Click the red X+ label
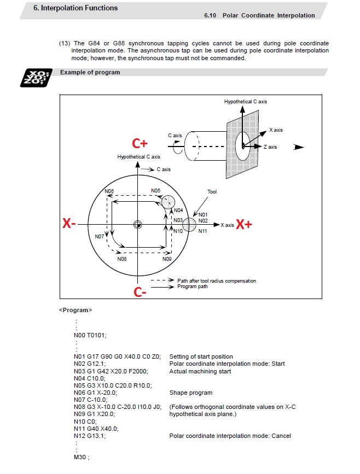[243, 225]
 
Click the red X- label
[69, 224]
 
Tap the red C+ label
[140, 144]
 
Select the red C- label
[140, 292]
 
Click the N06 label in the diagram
[109, 191]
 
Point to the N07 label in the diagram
[99, 237]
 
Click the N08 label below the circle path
[122, 259]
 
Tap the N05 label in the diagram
[156, 190]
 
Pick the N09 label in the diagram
[167, 259]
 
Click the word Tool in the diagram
[212, 192]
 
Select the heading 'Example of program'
[90, 72]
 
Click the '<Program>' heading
[76, 310]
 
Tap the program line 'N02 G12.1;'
[90, 364]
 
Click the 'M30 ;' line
[81, 457]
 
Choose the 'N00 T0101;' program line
[90, 335]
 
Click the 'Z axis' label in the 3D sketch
[271, 147]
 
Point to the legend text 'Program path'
[193, 286]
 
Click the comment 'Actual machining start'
[200, 371]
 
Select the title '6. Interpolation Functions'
[76, 8]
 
